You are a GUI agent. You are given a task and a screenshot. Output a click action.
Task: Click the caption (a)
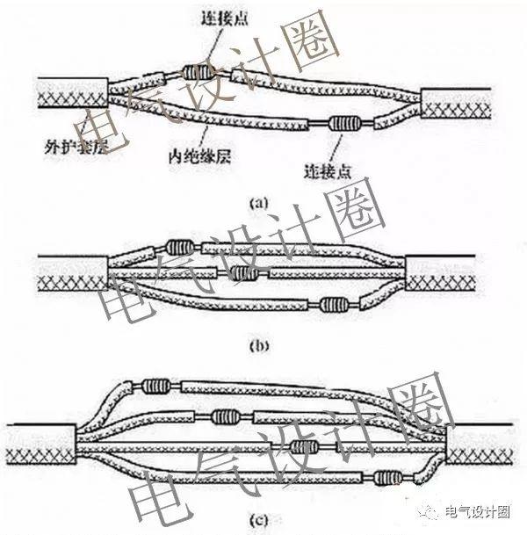[x=258, y=202]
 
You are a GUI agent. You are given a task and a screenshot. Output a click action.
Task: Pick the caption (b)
[x=258, y=345]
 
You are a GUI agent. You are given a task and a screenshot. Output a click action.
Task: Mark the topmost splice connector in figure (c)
[x=155, y=385]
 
